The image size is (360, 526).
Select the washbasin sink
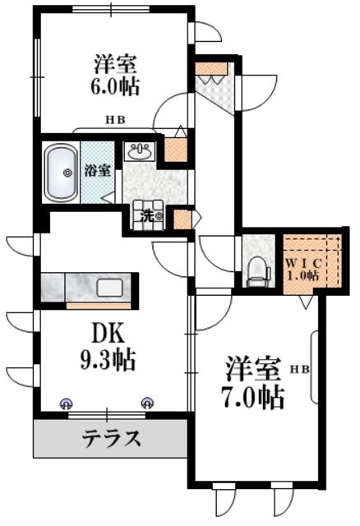point(138,153)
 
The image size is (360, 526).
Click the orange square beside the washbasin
point(175,150)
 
